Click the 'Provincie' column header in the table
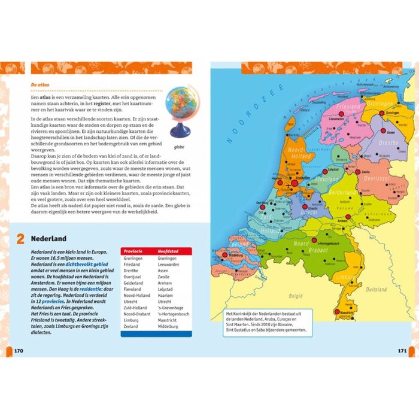click(x=133, y=251)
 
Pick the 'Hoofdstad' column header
click(x=169, y=251)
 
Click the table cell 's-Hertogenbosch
click(x=174, y=314)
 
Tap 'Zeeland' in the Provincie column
click(x=131, y=327)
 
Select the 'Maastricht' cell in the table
click(x=169, y=320)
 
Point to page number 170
click(x=18, y=350)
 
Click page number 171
click(x=402, y=350)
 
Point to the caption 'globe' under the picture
click(x=178, y=145)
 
